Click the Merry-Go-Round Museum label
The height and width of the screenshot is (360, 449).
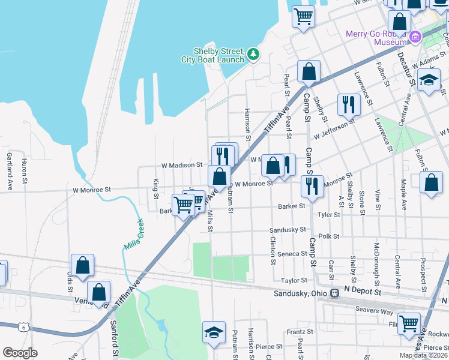376,38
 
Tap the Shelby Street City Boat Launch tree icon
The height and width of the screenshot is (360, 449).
254,55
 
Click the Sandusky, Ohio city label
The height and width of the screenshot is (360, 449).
306,293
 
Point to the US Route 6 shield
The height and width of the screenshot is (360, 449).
23,327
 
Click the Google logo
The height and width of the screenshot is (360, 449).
20,353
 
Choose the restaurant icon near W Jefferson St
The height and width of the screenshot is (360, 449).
349,105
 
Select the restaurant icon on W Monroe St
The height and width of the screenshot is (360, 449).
312,187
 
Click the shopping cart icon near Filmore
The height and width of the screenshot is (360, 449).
409,324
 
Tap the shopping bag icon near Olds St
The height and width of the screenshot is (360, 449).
82,265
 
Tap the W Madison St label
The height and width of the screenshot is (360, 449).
181,165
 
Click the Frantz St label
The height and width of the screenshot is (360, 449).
296,332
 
